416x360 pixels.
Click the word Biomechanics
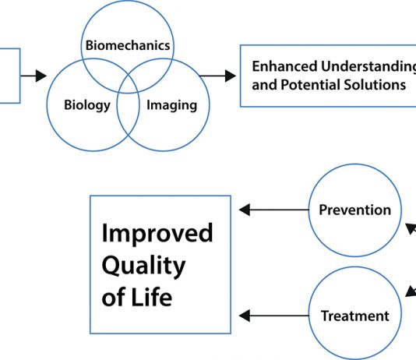point(128,45)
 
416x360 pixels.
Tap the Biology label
point(87,105)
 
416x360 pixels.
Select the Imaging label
point(172,105)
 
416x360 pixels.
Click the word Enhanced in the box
point(284,66)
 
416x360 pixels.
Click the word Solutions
point(375,85)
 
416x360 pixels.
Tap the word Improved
point(157,234)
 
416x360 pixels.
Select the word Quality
point(143,266)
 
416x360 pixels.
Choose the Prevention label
point(355,210)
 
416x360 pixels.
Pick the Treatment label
point(355,316)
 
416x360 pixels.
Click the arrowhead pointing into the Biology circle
point(41,76)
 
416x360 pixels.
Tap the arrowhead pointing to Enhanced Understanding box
point(231,76)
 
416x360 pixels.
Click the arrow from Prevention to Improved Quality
point(274,210)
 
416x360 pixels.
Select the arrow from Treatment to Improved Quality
point(274,316)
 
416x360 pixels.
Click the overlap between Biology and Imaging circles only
point(128,114)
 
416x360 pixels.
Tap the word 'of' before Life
point(114,298)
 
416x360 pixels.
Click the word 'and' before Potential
point(264,85)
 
